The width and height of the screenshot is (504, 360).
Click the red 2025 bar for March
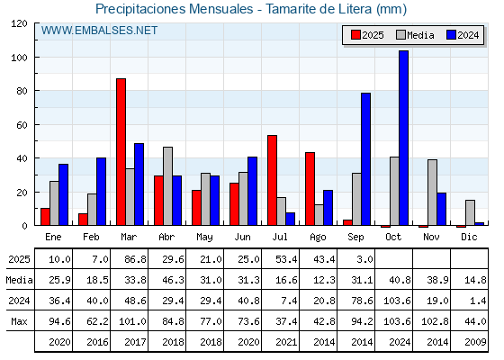[121, 152]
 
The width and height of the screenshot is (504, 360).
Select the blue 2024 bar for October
[403, 138]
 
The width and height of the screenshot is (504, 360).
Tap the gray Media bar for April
[167, 186]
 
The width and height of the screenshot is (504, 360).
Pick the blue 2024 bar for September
[365, 159]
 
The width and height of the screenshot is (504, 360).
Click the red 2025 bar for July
[272, 180]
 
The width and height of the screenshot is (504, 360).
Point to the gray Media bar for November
[432, 193]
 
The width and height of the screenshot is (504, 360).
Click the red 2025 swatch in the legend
[355, 35]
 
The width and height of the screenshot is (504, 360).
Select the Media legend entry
[415, 35]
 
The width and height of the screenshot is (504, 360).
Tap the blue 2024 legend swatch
[451, 35]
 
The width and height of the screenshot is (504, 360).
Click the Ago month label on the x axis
[319, 238]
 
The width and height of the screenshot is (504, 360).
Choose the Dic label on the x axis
[469, 237]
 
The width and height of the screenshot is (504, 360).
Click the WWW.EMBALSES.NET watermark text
[99, 31]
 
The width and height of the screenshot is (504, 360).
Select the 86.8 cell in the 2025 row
[135, 259]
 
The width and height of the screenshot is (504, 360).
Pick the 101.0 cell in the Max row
[132, 321]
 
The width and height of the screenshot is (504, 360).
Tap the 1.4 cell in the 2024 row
[478, 301]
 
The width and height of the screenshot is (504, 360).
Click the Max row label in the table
[19, 321]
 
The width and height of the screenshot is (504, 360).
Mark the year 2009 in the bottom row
[475, 342]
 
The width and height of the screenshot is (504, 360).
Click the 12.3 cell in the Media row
[324, 280]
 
